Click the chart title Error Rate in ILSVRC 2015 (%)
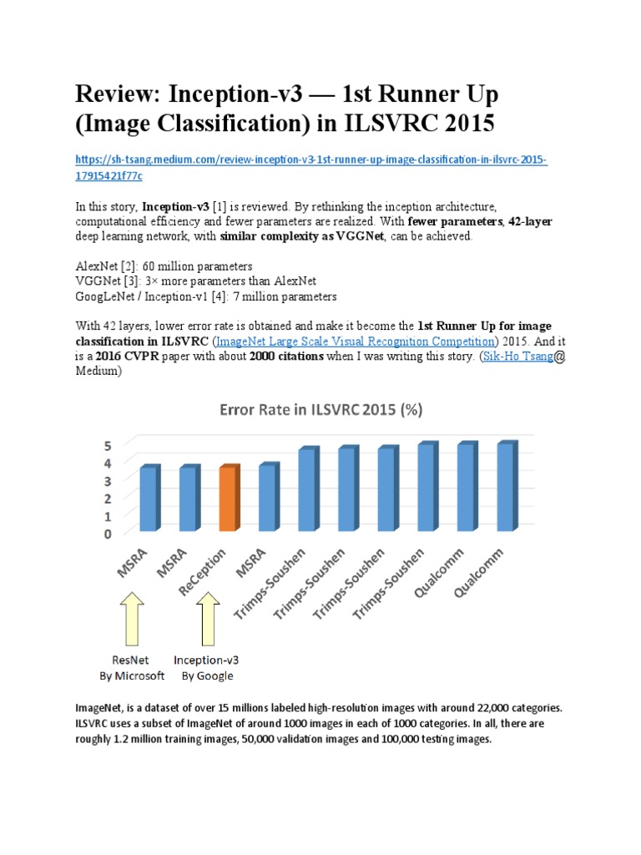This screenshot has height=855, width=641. click(x=320, y=410)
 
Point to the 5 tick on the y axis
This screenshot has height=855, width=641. click(x=108, y=444)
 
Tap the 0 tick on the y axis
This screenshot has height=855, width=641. click(x=108, y=534)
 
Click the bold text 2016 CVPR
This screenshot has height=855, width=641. click(x=134, y=357)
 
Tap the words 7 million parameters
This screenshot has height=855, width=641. click(x=275, y=296)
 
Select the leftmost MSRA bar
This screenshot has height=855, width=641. click(x=149, y=499)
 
